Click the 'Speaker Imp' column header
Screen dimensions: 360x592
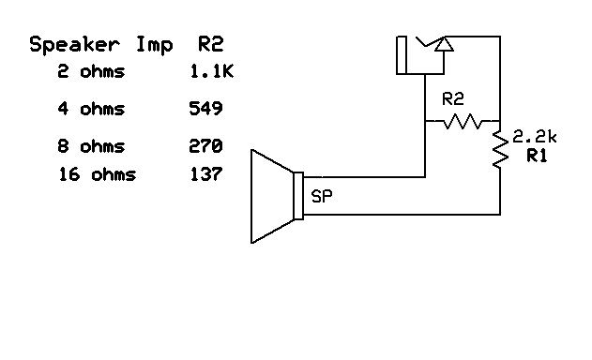pyautogui.click(x=101, y=45)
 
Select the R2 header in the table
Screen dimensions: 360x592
pyautogui.click(x=210, y=44)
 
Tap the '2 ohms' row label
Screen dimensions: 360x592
pyautogui.click(x=90, y=72)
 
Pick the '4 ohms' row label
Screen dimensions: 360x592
pyautogui.click(x=90, y=109)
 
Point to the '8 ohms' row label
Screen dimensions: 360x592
pyautogui.click(x=90, y=146)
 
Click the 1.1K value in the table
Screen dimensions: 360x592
pyautogui.click(x=210, y=72)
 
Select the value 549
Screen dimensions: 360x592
pyautogui.click(x=205, y=109)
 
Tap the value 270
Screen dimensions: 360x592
pyautogui.click(x=205, y=146)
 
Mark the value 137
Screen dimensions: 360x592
pyautogui.click(x=205, y=174)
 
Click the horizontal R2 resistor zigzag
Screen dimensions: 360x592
pyautogui.click(x=463, y=121)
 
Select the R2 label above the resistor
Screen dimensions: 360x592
pyautogui.click(x=453, y=97)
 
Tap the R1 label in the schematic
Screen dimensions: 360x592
pyautogui.click(x=537, y=157)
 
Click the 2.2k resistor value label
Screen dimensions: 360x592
pyautogui.click(x=535, y=137)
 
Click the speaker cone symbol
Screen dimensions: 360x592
pyautogui.click(x=271, y=196)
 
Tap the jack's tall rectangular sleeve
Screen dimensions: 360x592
pyautogui.click(x=401, y=55)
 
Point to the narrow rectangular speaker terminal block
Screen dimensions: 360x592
pyautogui.click(x=298, y=196)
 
